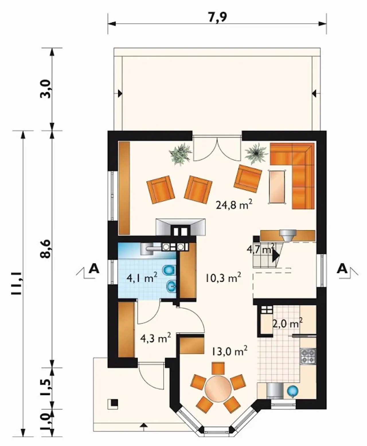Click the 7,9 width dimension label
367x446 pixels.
pos(217,17)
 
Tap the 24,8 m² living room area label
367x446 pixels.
pos(234,205)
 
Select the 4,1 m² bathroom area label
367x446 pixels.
pos(142,278)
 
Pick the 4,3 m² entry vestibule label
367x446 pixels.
pos(156,338)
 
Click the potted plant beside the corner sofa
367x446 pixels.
pos(256,154)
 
